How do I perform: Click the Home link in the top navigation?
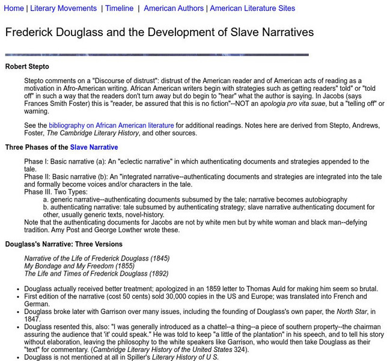(x=13, y=8)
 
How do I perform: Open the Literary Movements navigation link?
(x=63, y=8)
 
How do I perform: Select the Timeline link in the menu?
(x=119, y=8)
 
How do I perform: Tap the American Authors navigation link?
(x=173, y=8)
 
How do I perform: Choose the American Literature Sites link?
(x=252, y=8)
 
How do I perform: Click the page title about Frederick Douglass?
(x=159, y=32)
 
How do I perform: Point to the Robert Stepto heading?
(x=27, y=66)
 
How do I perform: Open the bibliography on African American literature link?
(x=111, y=126)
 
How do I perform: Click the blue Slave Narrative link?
(x=94, y=147)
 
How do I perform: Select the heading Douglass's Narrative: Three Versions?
(x=64, y=244)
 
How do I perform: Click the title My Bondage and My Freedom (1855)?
(x=70, y=266)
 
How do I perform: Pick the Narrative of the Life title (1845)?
(x=97, y=258)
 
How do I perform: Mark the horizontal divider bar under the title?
(x=157, y=55)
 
